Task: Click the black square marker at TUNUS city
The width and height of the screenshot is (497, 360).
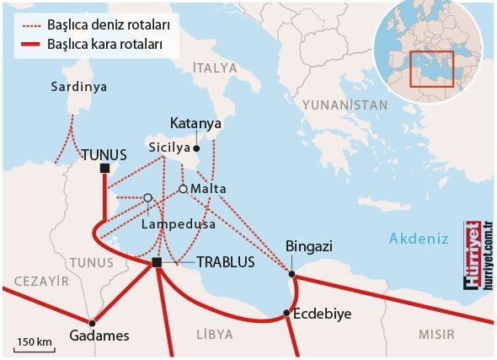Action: (104, 169)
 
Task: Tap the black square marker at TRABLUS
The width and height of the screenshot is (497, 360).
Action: (157, 264)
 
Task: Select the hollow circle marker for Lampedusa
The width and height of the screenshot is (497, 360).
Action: (147, 198)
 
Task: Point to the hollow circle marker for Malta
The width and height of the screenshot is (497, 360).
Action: (183, 189)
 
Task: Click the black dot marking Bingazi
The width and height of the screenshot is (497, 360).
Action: (292, 274)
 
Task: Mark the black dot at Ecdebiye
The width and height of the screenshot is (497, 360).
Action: (287, 314)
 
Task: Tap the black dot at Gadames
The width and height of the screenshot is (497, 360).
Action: (93, 322)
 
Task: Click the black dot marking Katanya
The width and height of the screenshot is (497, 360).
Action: (196, 147)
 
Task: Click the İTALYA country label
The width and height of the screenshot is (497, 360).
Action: (216, 67)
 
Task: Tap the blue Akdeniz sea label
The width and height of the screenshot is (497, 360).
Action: (418, 239)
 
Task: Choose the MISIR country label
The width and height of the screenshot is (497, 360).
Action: (436, 335)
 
